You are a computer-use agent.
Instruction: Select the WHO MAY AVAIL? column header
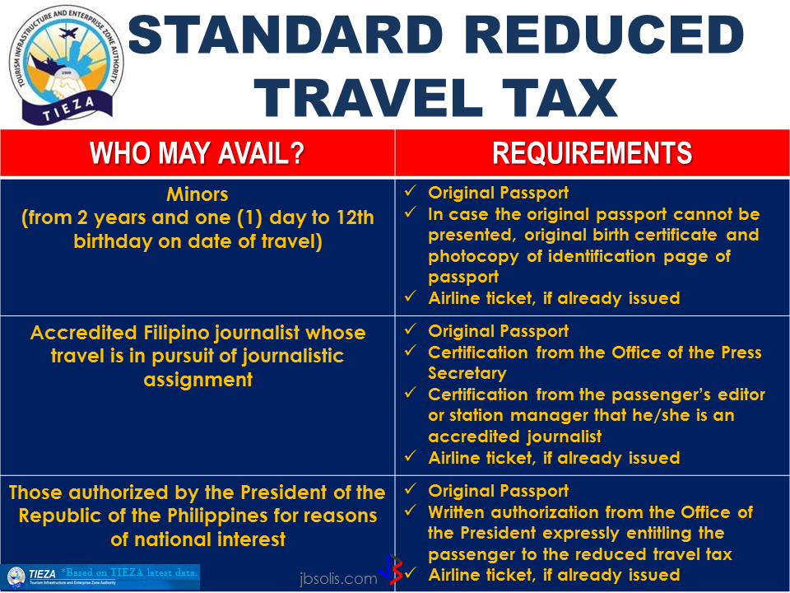[197, 154]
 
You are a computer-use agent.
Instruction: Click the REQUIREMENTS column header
[592, 154]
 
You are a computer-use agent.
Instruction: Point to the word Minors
[197, 196]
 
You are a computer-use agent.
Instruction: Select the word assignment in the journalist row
[197, 380]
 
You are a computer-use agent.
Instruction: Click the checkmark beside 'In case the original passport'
[411, 215]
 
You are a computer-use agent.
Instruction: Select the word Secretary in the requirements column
[467, 373]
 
